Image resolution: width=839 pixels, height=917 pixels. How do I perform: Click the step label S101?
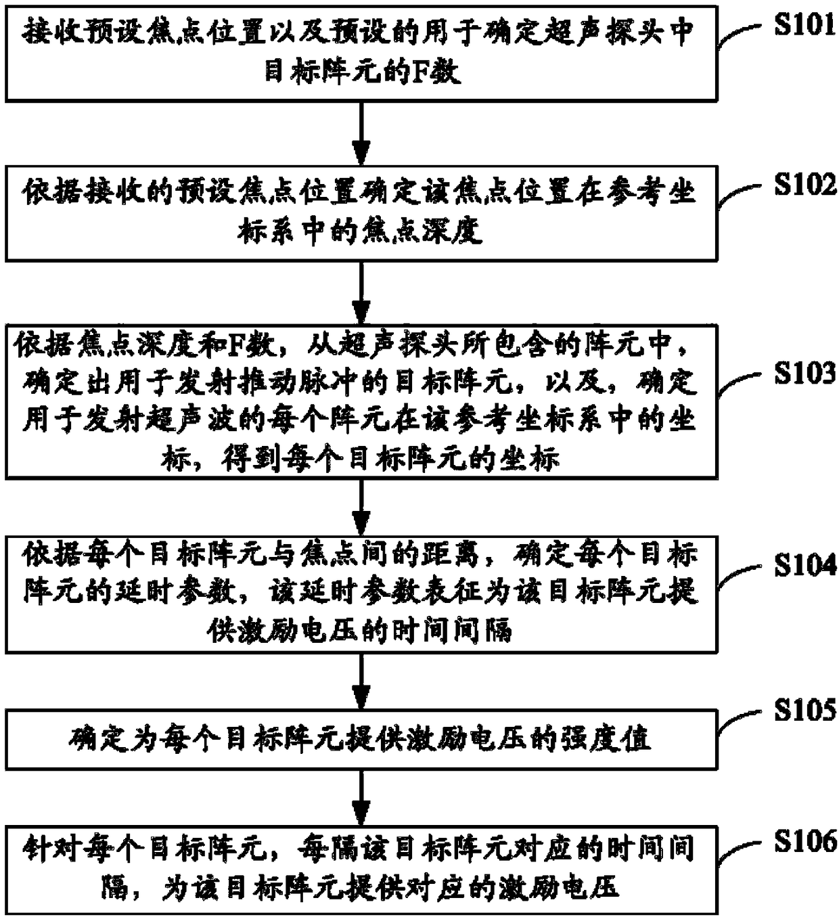click(804, 25)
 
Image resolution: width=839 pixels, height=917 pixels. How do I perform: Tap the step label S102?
click(804, 184)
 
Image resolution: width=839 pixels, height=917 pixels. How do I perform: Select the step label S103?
click(804, 373)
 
